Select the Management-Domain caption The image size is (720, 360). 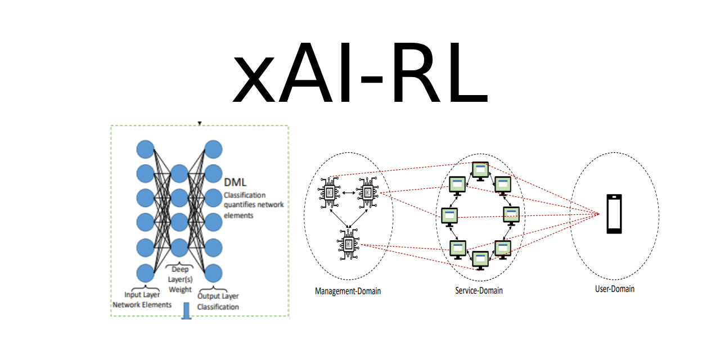tap(348, 291)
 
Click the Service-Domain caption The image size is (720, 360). tap(479, 291)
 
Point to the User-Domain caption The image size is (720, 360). tap(614, 289)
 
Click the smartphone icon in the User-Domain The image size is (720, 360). tap(614, 214)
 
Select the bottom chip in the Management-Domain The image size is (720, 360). tap(348, 245)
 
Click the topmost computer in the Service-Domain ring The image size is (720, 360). tap(480, 170)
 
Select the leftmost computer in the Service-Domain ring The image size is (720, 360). tap(449, 215)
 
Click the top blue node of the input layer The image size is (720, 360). tap(145, 150)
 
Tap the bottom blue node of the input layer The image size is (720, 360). tap(145, 273)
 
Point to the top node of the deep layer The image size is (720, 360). tap(179, 174)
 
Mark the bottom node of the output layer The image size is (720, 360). tap(213, 273)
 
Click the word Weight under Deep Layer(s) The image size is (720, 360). tap(180, 290)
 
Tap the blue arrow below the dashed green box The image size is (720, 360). tap(187, 312)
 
